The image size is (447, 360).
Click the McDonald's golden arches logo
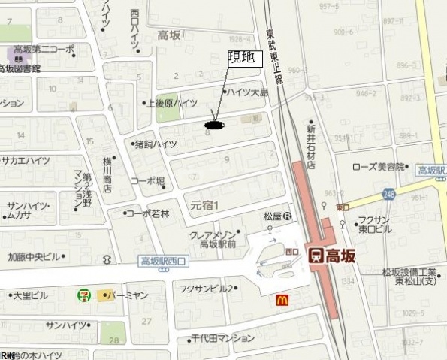(x=282, y=298)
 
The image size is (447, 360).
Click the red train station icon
(x=316, y=256)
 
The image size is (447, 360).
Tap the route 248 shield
(x=388, y=192)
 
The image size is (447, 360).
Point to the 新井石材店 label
(x=310, y=147)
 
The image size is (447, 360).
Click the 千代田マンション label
(x=223, y=338)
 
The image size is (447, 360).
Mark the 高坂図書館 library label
(x=20, y=68)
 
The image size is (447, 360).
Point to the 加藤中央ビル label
(x=34, y=256)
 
